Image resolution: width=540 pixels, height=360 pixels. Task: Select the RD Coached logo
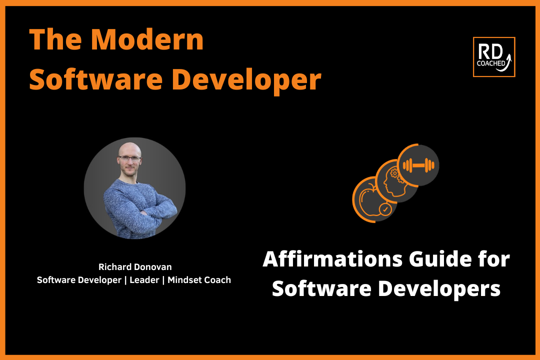tap(493, 57)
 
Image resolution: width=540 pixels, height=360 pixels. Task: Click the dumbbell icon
tap(418, 164)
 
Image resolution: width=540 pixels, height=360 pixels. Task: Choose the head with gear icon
tap(395, 181)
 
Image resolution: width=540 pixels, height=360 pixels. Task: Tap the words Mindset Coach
tap(199, 280)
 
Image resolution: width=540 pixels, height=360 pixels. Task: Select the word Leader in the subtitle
tap(145, 280)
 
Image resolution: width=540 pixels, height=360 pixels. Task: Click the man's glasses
tap(130, 159)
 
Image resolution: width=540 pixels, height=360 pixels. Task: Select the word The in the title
tap(49, 40)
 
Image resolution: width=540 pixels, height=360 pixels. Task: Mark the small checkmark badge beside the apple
tap(384, 210)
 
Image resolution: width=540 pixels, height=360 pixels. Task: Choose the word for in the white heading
tap(493, 259)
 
